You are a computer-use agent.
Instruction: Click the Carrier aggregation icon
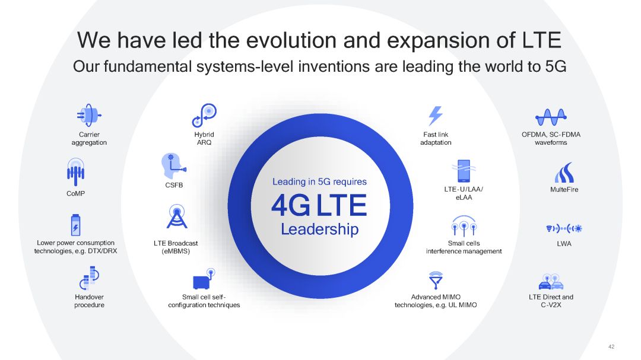pos(89,115)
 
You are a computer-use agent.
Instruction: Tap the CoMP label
pos(75,193)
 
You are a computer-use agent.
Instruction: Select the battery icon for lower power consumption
pos(75,225)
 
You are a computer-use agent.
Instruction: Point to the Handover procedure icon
pos(89,278)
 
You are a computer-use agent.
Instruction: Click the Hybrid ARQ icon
pos(204,115)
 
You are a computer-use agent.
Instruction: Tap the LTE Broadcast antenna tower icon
pos(177,216)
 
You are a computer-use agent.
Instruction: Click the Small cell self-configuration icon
pos(204,279)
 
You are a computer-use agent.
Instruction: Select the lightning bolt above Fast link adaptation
pos(436,116)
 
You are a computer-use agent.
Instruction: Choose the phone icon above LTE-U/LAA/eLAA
pos(464,171)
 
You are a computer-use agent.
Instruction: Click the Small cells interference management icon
pos(464,226)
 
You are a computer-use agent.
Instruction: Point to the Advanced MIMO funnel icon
pos(436,280)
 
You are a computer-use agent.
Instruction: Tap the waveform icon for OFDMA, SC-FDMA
pos(551,117)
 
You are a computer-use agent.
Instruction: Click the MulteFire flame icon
pos(564,173)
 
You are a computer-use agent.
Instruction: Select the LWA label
pos(564,244)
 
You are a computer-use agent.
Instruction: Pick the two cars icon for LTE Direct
pos(551,282)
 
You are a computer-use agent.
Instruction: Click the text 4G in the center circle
pos(291,206)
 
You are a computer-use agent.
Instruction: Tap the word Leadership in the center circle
pos(320,230)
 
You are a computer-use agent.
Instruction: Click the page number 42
pos(611,346)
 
